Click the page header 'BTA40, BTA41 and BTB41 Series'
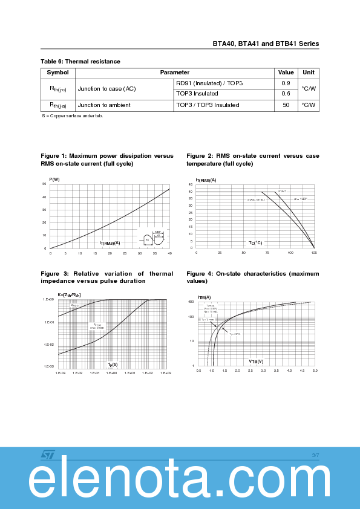(x=266, y=44)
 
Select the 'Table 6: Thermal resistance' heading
(x=80, y=62)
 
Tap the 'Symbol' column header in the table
(x=58, y=73)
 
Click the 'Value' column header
(x=286, y=73)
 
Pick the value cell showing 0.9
(x=286, y=83)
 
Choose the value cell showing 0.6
(x=286, y=94)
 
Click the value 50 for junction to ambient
(x=286, y=105)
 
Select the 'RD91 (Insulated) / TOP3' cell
(x=209, y=83)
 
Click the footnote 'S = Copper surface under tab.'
(x=72, y=115)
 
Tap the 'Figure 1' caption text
(x=106, y=160)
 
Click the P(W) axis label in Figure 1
(x=54, y=179)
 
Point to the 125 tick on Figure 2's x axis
(x=314, y=253)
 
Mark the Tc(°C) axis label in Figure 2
(x=255, y=243)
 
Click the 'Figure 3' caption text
(x=106, y=277)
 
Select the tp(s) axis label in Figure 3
(x=113, y=364)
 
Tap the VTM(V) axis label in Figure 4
(x=256, y=361)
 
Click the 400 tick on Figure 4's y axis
(x=191, y=301)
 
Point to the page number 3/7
(x=315, y=455)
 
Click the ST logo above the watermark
(x=48, y=454)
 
